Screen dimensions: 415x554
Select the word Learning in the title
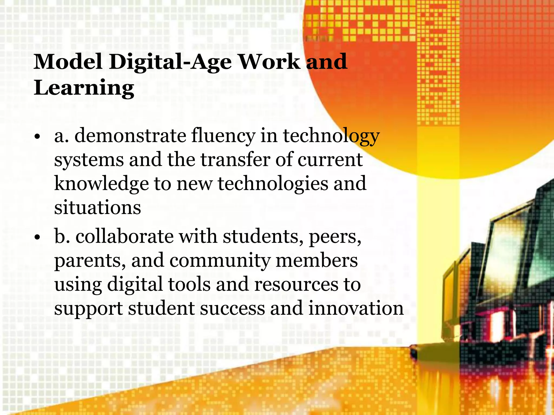tap(84, 88)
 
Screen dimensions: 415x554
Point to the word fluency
tap(223, 136)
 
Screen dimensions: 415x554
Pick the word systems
tap(89, 160)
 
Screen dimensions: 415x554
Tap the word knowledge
tap(101, 184)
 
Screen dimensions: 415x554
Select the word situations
tap(98, 207)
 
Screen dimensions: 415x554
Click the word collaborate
tap(125, 236)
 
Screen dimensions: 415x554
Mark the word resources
tap(296, 285)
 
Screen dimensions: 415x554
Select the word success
tap(232, 308)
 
